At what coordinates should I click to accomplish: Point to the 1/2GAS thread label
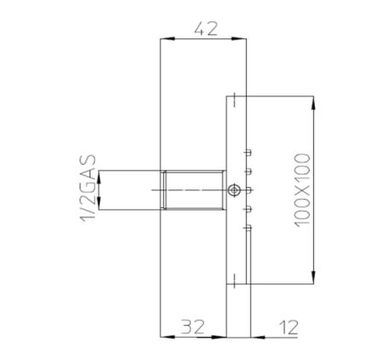tap(88, 189)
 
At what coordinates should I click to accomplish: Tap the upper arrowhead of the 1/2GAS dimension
tap(101, 176)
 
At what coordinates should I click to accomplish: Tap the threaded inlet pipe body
tap(193, 189)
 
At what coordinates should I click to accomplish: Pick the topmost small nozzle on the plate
tap(247, 153)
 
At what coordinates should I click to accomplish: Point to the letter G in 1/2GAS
tap(88, 180)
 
